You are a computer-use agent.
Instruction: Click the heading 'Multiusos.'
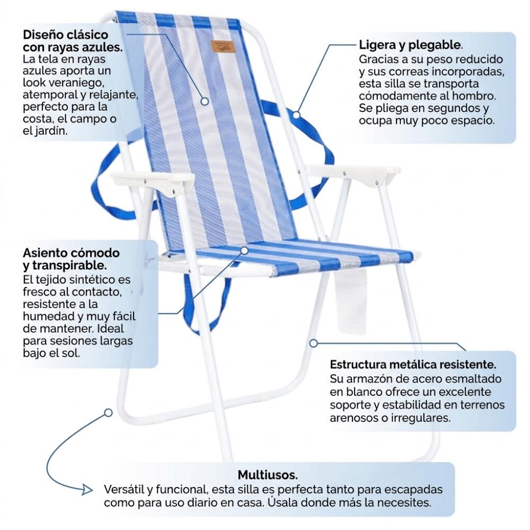click(x=268, y=475)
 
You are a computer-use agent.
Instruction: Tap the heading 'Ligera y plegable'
click(x=410, y=45)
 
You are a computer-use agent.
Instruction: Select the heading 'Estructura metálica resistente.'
click(x=413, y=365)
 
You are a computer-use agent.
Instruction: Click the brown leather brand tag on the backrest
click(x=223, y=46)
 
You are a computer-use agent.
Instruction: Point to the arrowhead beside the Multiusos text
click(x=87, y=489)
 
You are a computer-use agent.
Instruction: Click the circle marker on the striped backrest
click(x=205, y=101)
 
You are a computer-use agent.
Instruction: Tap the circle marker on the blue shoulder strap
click(x=296, y=114)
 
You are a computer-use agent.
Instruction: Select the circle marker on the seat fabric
click(x=244, y=251)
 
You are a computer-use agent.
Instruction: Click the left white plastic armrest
click(x=153, y=181)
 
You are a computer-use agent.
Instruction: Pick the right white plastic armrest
click(x=353, y=173)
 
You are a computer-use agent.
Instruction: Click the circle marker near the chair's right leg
click(x=313, y=343)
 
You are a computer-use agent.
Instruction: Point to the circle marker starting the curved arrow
click(x=108, y=413)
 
